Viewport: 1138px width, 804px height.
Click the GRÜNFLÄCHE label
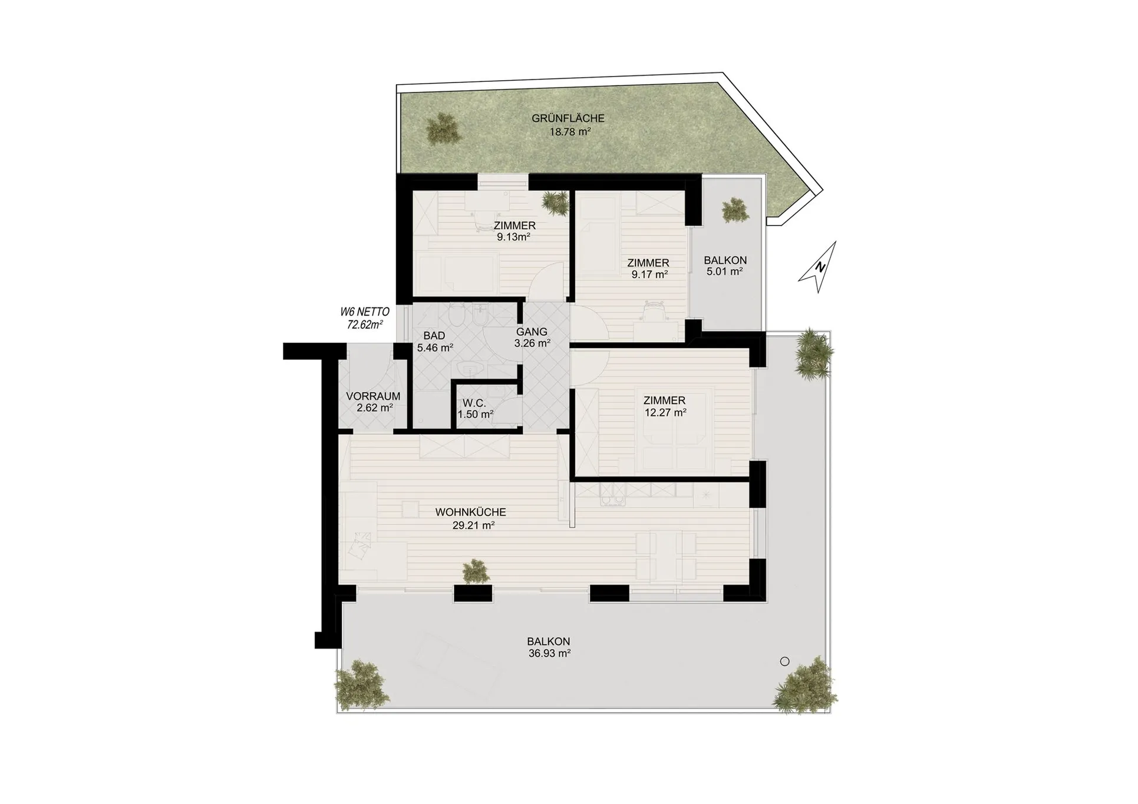pos(568,118)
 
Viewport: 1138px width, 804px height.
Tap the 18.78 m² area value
pos(570,132)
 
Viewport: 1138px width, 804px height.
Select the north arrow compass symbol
pos(819,267)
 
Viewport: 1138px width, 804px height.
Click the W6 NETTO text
pos(365,312)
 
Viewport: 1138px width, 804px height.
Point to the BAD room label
pos(434,336)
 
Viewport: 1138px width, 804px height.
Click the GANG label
pos(532,332)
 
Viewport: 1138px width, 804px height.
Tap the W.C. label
pos(474,403)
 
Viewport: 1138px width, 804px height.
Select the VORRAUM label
pos(374,396)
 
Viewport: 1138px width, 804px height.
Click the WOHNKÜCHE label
pos(471,512)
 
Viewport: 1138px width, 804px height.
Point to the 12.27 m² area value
pos(665,413)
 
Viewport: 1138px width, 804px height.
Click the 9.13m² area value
pos(513,237)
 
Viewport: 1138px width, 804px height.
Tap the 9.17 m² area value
pos(649,274)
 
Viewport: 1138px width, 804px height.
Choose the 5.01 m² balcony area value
pos(724,272)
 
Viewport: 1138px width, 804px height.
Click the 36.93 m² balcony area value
pos(549,653)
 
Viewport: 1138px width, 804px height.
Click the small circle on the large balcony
pos(784,661)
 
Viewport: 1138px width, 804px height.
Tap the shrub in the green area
pos(443,128)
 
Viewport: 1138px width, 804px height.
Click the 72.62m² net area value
pos(365,325)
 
